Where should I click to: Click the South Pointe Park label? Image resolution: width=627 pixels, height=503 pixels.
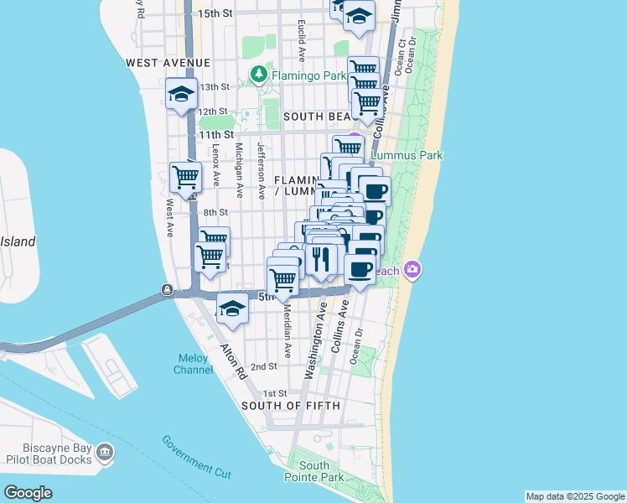tap(315, 471)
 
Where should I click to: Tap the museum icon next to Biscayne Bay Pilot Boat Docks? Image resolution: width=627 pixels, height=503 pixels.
tap(105, 454)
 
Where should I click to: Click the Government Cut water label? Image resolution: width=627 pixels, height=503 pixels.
tap(196, 457)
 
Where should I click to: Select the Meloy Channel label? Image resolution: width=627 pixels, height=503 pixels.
tap(193, 364)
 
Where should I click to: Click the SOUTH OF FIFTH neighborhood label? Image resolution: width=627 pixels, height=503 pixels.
tap(291, 406)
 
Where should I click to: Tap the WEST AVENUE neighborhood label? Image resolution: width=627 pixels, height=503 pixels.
tap(168, 63)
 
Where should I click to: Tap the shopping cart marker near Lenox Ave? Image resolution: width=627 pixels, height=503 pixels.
tap(185, 177)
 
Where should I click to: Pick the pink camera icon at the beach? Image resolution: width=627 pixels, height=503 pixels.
tap(412, 269)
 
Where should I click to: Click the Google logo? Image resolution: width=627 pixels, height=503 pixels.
tap(28, 493)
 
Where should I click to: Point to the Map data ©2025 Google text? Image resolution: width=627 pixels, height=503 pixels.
tap(574, 496)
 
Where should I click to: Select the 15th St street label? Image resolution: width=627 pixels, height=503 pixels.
tap(215, 13)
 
